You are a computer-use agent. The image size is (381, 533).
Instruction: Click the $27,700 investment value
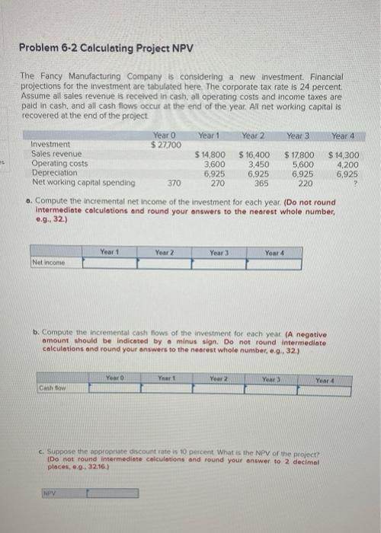click(166, 145)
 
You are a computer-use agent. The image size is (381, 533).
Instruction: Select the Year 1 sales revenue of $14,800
click(210, 155)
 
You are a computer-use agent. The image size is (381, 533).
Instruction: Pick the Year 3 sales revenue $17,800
click(299, 155)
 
